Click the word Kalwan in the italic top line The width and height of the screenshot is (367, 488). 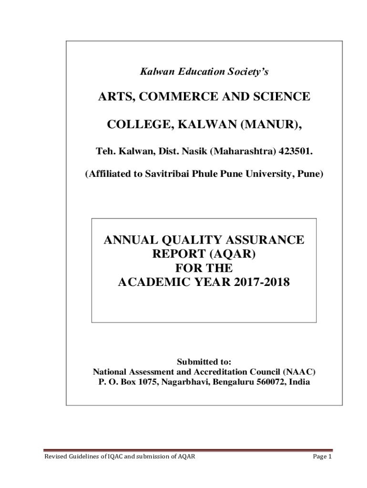152,72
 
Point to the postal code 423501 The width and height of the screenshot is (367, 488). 297,152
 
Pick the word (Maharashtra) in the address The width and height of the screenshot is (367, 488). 238,152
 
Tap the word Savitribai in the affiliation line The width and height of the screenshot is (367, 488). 167,174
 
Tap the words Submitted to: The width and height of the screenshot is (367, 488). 204,362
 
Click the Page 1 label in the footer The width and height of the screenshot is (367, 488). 321,457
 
